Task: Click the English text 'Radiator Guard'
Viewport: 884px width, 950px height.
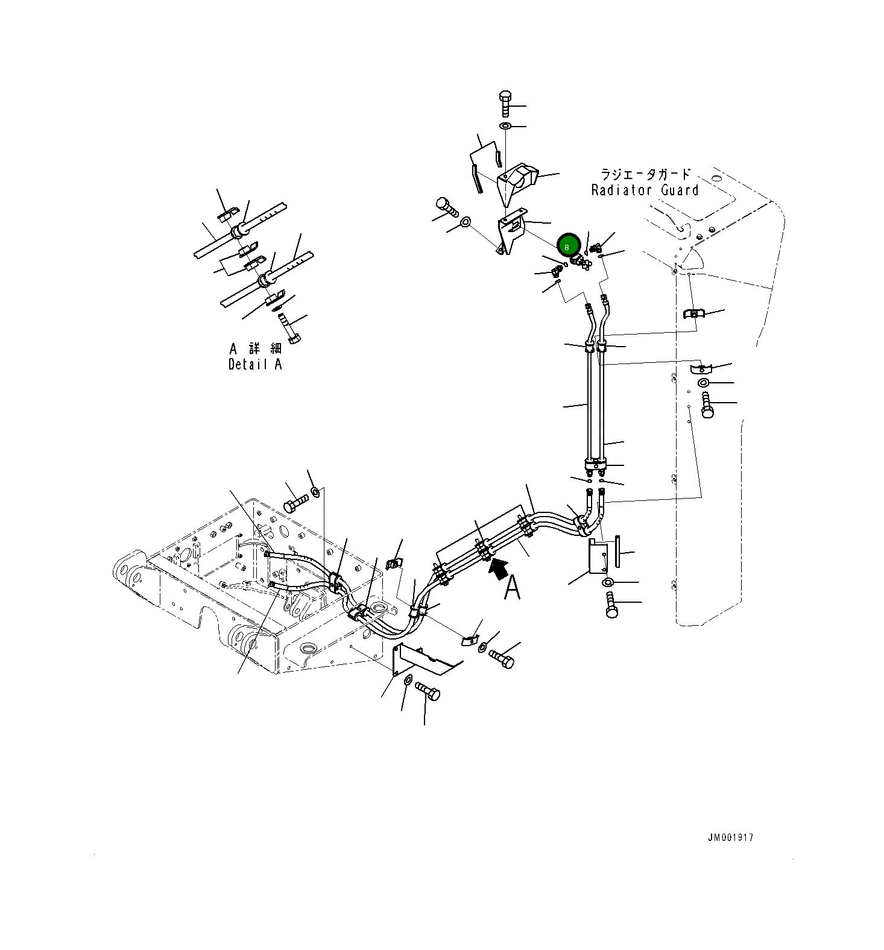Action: click(645, 190)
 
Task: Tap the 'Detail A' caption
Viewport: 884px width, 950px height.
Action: click(254, 364)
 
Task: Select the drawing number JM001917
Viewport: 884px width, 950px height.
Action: click(730, 837)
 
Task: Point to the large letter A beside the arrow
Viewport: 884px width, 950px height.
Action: click(512, 587)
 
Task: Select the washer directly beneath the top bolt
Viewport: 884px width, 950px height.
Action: click(505, 126)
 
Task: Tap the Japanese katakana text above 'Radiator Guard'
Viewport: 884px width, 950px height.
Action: click(645, 175)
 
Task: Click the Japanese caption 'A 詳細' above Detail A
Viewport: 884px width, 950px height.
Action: click(256, 348)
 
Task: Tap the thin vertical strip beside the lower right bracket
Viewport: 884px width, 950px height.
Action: click(617, 550)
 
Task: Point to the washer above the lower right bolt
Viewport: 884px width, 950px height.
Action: click(608, 582)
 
